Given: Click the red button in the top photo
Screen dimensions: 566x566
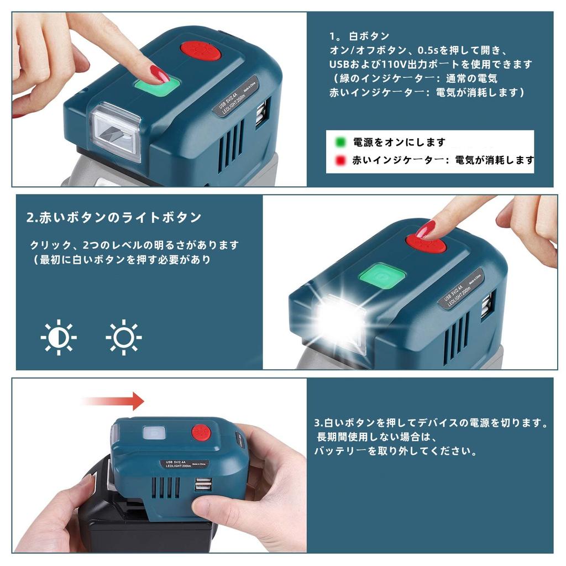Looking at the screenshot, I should click(200, 52).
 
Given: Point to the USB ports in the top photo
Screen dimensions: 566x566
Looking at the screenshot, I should click(261, 113).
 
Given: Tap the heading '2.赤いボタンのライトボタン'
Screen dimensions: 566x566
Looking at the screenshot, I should click(114, 217).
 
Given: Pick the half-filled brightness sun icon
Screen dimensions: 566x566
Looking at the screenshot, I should click(58, 337).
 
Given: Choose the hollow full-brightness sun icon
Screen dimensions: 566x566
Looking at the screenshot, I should click(124, 337).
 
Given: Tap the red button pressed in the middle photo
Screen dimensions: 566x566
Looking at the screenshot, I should click(426, 241).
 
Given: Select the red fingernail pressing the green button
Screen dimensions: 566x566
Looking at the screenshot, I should click(160, 73).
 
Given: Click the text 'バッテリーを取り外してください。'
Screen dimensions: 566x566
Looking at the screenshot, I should click(395, 451).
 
